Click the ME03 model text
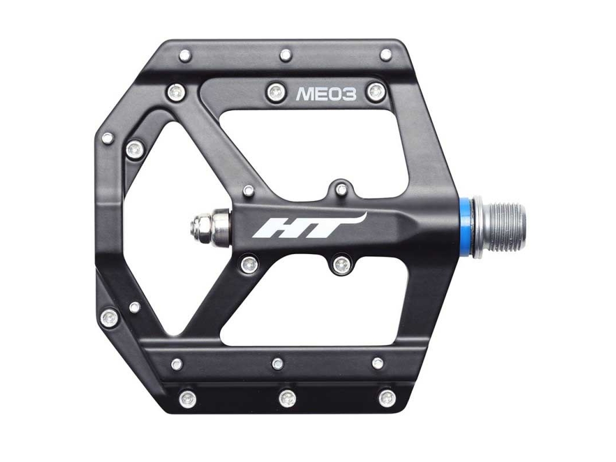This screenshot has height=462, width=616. [326, 94]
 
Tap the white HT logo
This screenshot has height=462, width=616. [310, 226]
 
